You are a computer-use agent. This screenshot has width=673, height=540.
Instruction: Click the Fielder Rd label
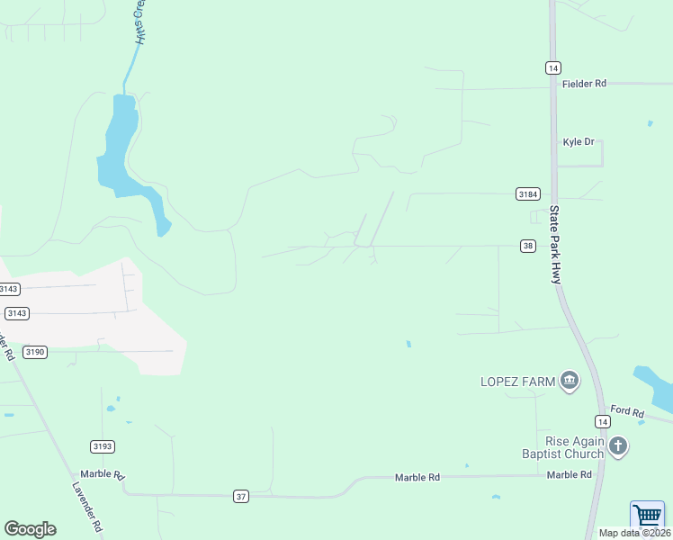click(584, 83)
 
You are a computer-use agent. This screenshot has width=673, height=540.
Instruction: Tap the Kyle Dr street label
click(579, 142)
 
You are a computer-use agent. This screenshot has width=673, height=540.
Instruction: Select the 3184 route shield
click(528, 193)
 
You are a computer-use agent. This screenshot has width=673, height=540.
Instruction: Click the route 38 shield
click(528, 246)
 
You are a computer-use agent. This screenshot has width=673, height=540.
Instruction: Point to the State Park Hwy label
click(555, 245)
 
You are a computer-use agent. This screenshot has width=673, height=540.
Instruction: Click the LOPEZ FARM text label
click(516, 382)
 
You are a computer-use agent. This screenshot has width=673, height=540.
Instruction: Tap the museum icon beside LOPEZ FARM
click(569, 382)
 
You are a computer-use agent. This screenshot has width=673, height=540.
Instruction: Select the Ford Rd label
click(627, 412)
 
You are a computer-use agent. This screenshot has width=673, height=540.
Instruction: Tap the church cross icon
click(617, 445)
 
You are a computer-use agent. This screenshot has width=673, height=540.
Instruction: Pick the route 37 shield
click(240, 496)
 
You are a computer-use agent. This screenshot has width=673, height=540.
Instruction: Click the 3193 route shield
click(103, 446)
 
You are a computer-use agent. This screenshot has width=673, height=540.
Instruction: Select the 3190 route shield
click(35, 352)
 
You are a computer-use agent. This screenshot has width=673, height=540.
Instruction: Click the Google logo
click(30, 529)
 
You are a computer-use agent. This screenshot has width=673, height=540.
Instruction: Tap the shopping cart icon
click(647, 517)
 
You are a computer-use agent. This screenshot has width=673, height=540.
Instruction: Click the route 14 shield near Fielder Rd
click(553, 67)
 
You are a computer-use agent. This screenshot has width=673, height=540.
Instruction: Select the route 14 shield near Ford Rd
click(602, 421)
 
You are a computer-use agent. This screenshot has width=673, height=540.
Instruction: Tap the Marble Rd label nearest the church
click(569, 474)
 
